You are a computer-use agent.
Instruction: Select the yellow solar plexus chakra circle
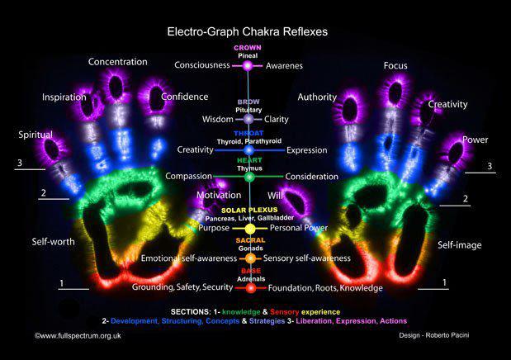(x=250, y=228)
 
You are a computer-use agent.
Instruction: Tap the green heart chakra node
(x=250, y=177)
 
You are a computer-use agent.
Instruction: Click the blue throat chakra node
(x=249, y=149)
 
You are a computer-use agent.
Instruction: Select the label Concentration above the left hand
(x=118, y=62)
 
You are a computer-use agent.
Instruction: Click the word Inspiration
(x=64, y=97)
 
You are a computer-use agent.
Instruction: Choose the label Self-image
(x=460, y=245)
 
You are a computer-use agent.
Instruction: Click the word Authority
(x=317, y=97)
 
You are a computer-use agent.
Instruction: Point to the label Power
(x=475, y=140)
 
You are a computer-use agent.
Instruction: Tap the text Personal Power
(x=300, y=228)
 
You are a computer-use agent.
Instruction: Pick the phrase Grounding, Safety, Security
(x=182, y=288)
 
